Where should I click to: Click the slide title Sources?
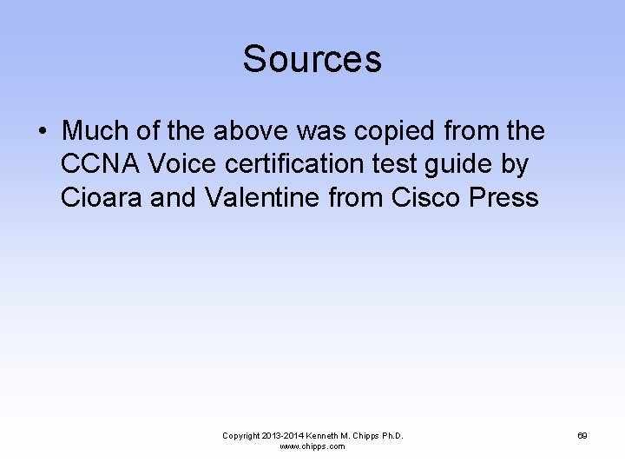point(312,59)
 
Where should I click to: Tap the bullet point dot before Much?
point(42,132)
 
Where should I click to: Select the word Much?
point(94,131)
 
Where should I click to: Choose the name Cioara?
point(102,197)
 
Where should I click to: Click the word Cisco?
point(426,197)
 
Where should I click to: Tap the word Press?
point(503,197)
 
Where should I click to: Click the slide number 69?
point(582,435)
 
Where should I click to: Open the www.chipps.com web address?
point(312,446)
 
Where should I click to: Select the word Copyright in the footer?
point(242,435)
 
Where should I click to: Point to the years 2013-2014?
point(287,435)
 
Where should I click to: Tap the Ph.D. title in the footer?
point(390,435)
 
